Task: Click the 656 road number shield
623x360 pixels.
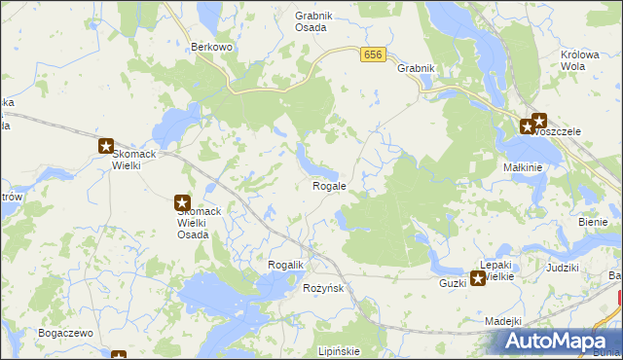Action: click(x=372, y=54)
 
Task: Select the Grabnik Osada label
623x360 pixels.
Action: click(x=314, y=21)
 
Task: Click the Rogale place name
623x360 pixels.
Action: click(x=329, y=185)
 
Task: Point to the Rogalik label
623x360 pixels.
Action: click(x=286, y=266)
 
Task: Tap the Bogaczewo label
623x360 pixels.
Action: click(x=65, y=333)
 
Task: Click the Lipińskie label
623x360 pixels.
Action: click(x=339, y=351)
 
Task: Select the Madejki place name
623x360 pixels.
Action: click(x=503, y=321)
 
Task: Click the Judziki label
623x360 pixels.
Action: click(x=563, y=267)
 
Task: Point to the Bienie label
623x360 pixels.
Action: click(x=592, y=222)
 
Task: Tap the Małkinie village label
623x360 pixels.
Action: click(x=523, y=167)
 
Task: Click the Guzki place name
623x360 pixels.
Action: click(x=453, y=282)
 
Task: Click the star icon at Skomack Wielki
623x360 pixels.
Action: click(x=106, y=147)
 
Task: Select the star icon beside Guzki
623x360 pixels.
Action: click(x=478, y=280)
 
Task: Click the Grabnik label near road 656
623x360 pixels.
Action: click(x=416, y=69)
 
